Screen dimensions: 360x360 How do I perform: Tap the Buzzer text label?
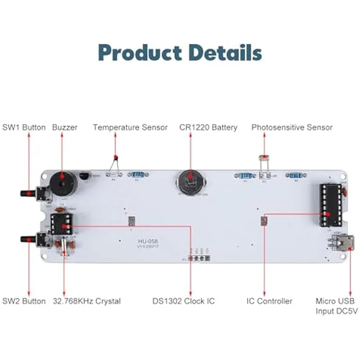tap(65, 127)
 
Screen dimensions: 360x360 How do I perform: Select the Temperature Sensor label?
tap(130, 127)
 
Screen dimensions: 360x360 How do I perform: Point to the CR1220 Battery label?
tap(208, 127)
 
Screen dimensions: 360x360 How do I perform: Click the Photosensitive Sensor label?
tap(292, 127)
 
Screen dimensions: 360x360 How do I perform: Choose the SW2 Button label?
tap(24, 301)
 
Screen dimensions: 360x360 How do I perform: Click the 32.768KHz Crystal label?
tap(87, 301)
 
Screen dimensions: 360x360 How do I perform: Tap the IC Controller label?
tap(270, 301)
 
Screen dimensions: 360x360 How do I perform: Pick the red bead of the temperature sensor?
tap(116, 157)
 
